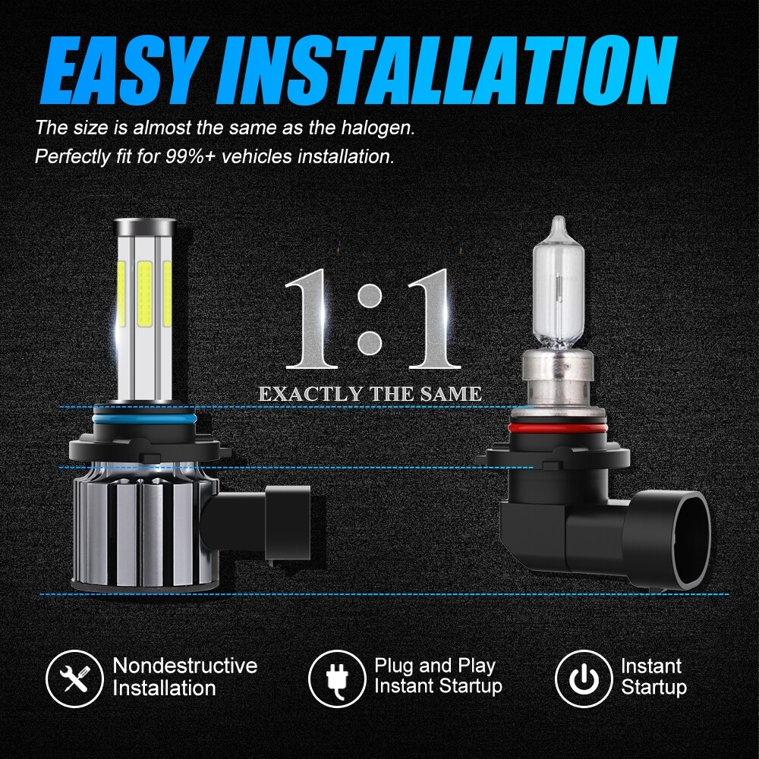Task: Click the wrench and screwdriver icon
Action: (74, 678)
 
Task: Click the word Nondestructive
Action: (185, 666)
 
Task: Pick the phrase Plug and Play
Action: (435, 666)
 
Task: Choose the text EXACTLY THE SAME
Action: (370, 394)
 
